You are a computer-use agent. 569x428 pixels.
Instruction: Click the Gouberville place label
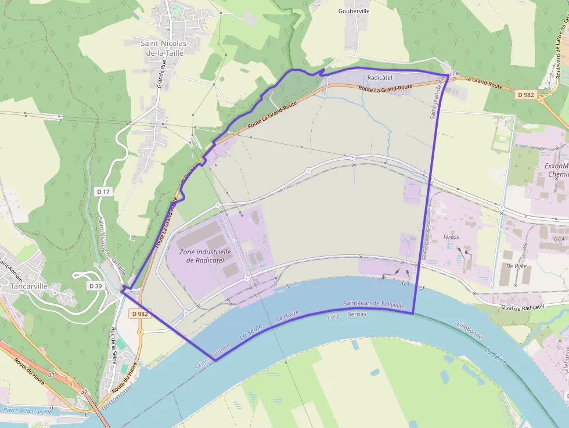(354, 10)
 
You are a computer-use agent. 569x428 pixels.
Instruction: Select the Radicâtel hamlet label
(380, 77)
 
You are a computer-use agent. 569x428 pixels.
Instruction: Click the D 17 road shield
(104, 191)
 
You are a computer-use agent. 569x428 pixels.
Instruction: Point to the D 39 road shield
(96, 286)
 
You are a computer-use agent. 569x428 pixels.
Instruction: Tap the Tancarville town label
(28, 286)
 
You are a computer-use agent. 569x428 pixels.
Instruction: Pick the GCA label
(559, 239)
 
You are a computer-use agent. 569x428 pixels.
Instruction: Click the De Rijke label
(515, 265)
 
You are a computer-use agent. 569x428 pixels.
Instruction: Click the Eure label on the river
(333, 316)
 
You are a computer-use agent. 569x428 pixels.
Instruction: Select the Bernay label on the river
(356, 314)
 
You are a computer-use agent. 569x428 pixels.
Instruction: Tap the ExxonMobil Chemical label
(557, 170)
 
